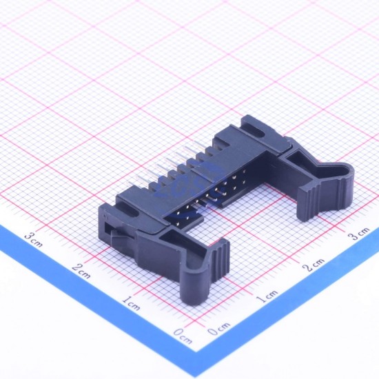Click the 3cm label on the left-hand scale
click(x=34, y=240)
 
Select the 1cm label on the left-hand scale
click(x=131, y=303)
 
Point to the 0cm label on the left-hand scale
click(x=183, y=336)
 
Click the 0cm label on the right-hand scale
click(x=219, y=329)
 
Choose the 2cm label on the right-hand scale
click(x=314, y=265)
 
